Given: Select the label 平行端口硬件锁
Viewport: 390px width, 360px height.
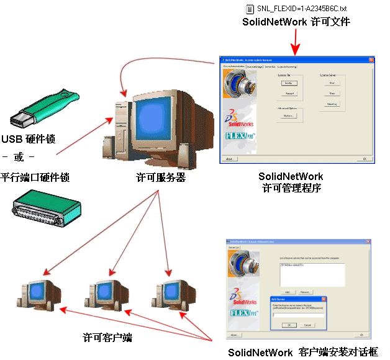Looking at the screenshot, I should coord(35,178).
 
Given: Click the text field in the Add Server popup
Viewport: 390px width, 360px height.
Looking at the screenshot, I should coord(298,315).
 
